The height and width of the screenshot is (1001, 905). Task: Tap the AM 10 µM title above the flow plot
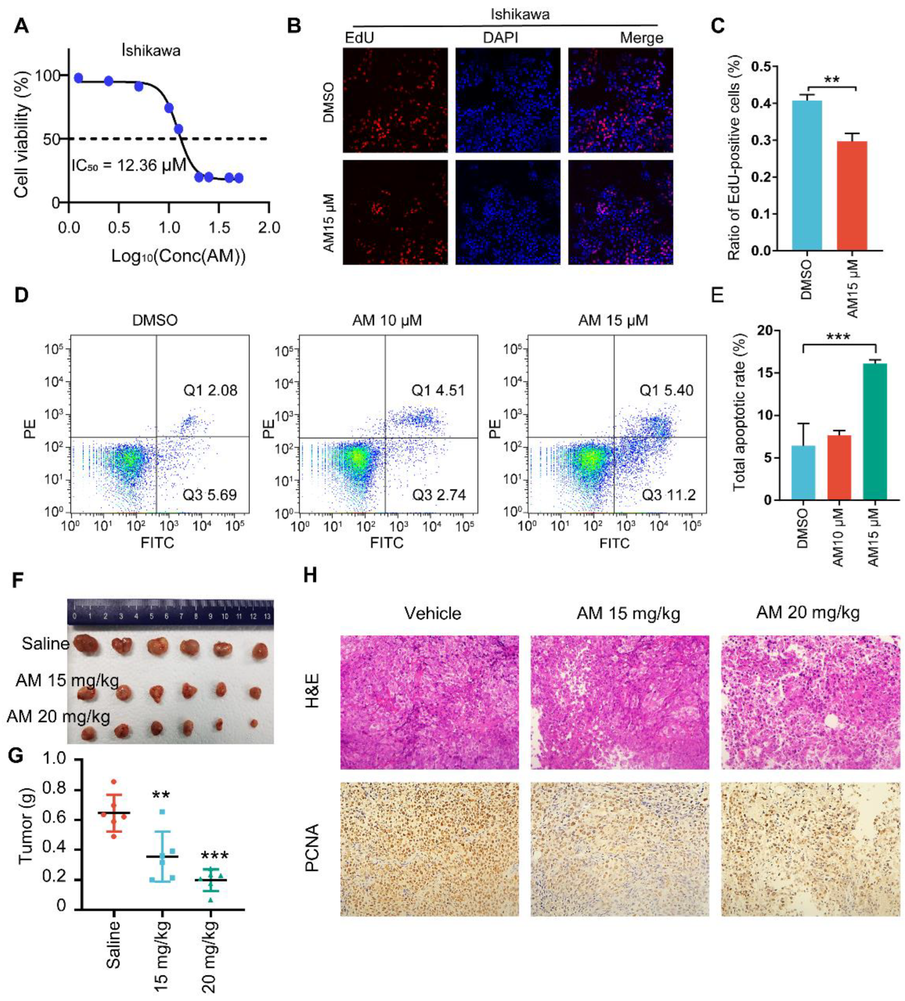[x=387, y=321]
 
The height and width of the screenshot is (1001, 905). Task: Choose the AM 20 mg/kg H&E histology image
[x=810, y=702]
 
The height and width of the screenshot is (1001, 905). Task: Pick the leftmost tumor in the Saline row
[x=87, y=644]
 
